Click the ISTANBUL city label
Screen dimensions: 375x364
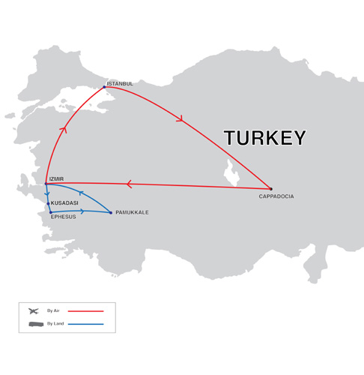click(120, 83)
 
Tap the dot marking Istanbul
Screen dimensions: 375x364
click(104, 87)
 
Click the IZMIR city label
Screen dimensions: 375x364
click(56, 178)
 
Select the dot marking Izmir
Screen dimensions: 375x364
click(46, 184)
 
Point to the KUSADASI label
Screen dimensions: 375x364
click(64, 202)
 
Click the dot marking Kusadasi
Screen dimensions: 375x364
click(49, 203)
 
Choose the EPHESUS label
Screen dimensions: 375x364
click(63, 217)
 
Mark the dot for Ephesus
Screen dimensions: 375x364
click(51, 212)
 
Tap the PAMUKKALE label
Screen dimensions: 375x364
click(132, 212)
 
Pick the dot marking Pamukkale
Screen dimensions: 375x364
click(111, 213)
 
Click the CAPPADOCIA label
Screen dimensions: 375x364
click(276, 196)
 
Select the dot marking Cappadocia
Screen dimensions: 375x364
click(270, 189)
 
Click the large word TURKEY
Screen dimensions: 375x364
click(264, 138)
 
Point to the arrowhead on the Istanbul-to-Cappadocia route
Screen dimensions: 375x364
click(180, 118)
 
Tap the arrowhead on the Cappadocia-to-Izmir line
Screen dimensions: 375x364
click(129, 184)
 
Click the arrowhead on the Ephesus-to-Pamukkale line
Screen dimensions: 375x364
click(82, 211)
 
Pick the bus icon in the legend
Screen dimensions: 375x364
click(34, 324)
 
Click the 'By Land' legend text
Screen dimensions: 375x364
click(55, 324)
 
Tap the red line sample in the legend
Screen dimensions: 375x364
click(85, 310)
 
